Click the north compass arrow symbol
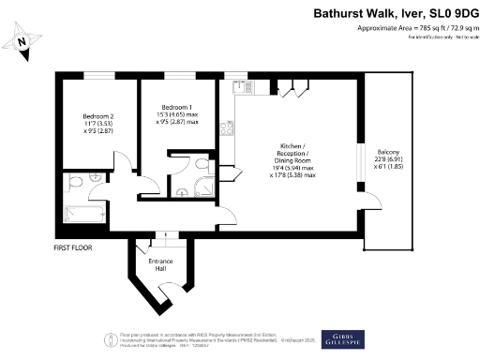click(25, 40)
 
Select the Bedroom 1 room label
click(176, 114)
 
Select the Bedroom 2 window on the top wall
click(99, 76)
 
